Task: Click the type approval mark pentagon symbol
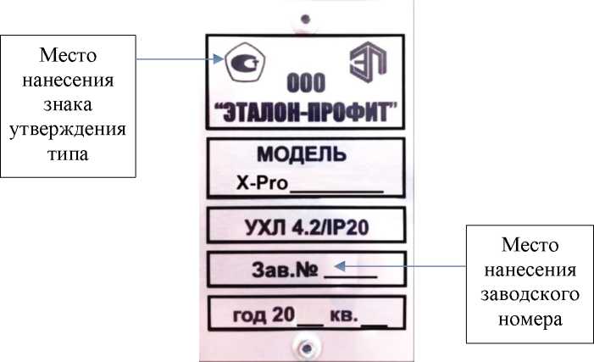point(240,62)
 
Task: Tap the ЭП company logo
point(366,64)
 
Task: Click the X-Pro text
point(263,184)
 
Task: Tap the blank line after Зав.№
point(350,273)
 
